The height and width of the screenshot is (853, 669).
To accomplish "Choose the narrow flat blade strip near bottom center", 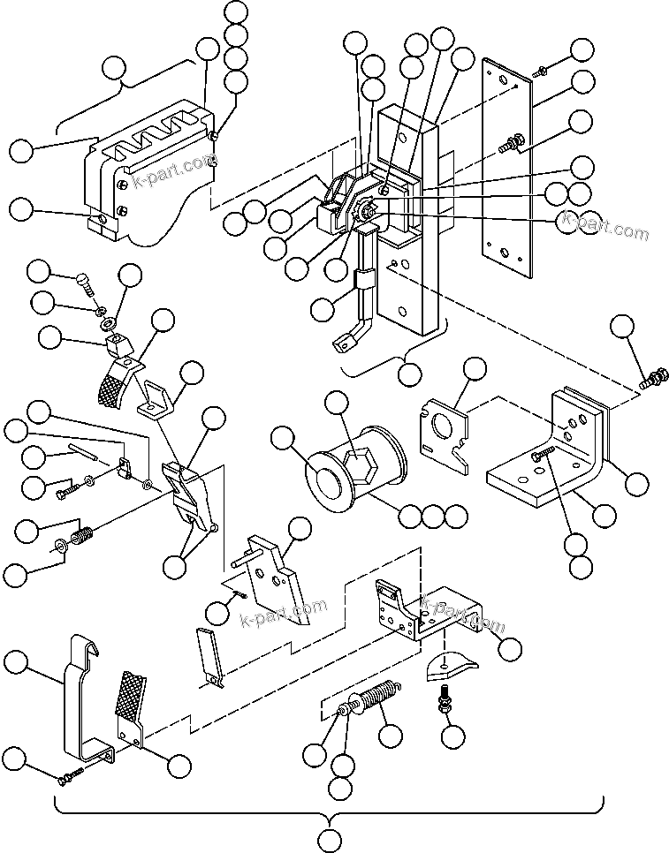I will click(208, 655).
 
